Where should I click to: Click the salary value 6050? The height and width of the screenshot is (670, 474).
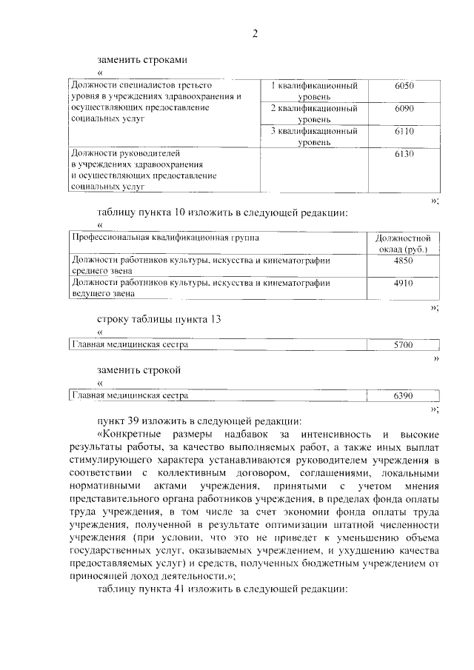[404, 86]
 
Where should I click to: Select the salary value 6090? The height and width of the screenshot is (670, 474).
[404, 108]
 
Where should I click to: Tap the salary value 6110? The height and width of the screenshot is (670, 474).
[404, 131]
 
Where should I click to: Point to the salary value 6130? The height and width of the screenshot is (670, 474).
[404, 153]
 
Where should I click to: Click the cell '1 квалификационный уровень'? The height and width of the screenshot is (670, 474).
[314, 91]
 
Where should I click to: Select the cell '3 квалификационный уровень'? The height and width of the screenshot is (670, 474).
[314, 136]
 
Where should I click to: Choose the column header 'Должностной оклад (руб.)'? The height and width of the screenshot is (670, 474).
[403, 244]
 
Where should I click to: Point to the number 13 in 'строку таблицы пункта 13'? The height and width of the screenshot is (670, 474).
[214, 319]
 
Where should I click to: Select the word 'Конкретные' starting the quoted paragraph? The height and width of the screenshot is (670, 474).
[131, 434]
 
